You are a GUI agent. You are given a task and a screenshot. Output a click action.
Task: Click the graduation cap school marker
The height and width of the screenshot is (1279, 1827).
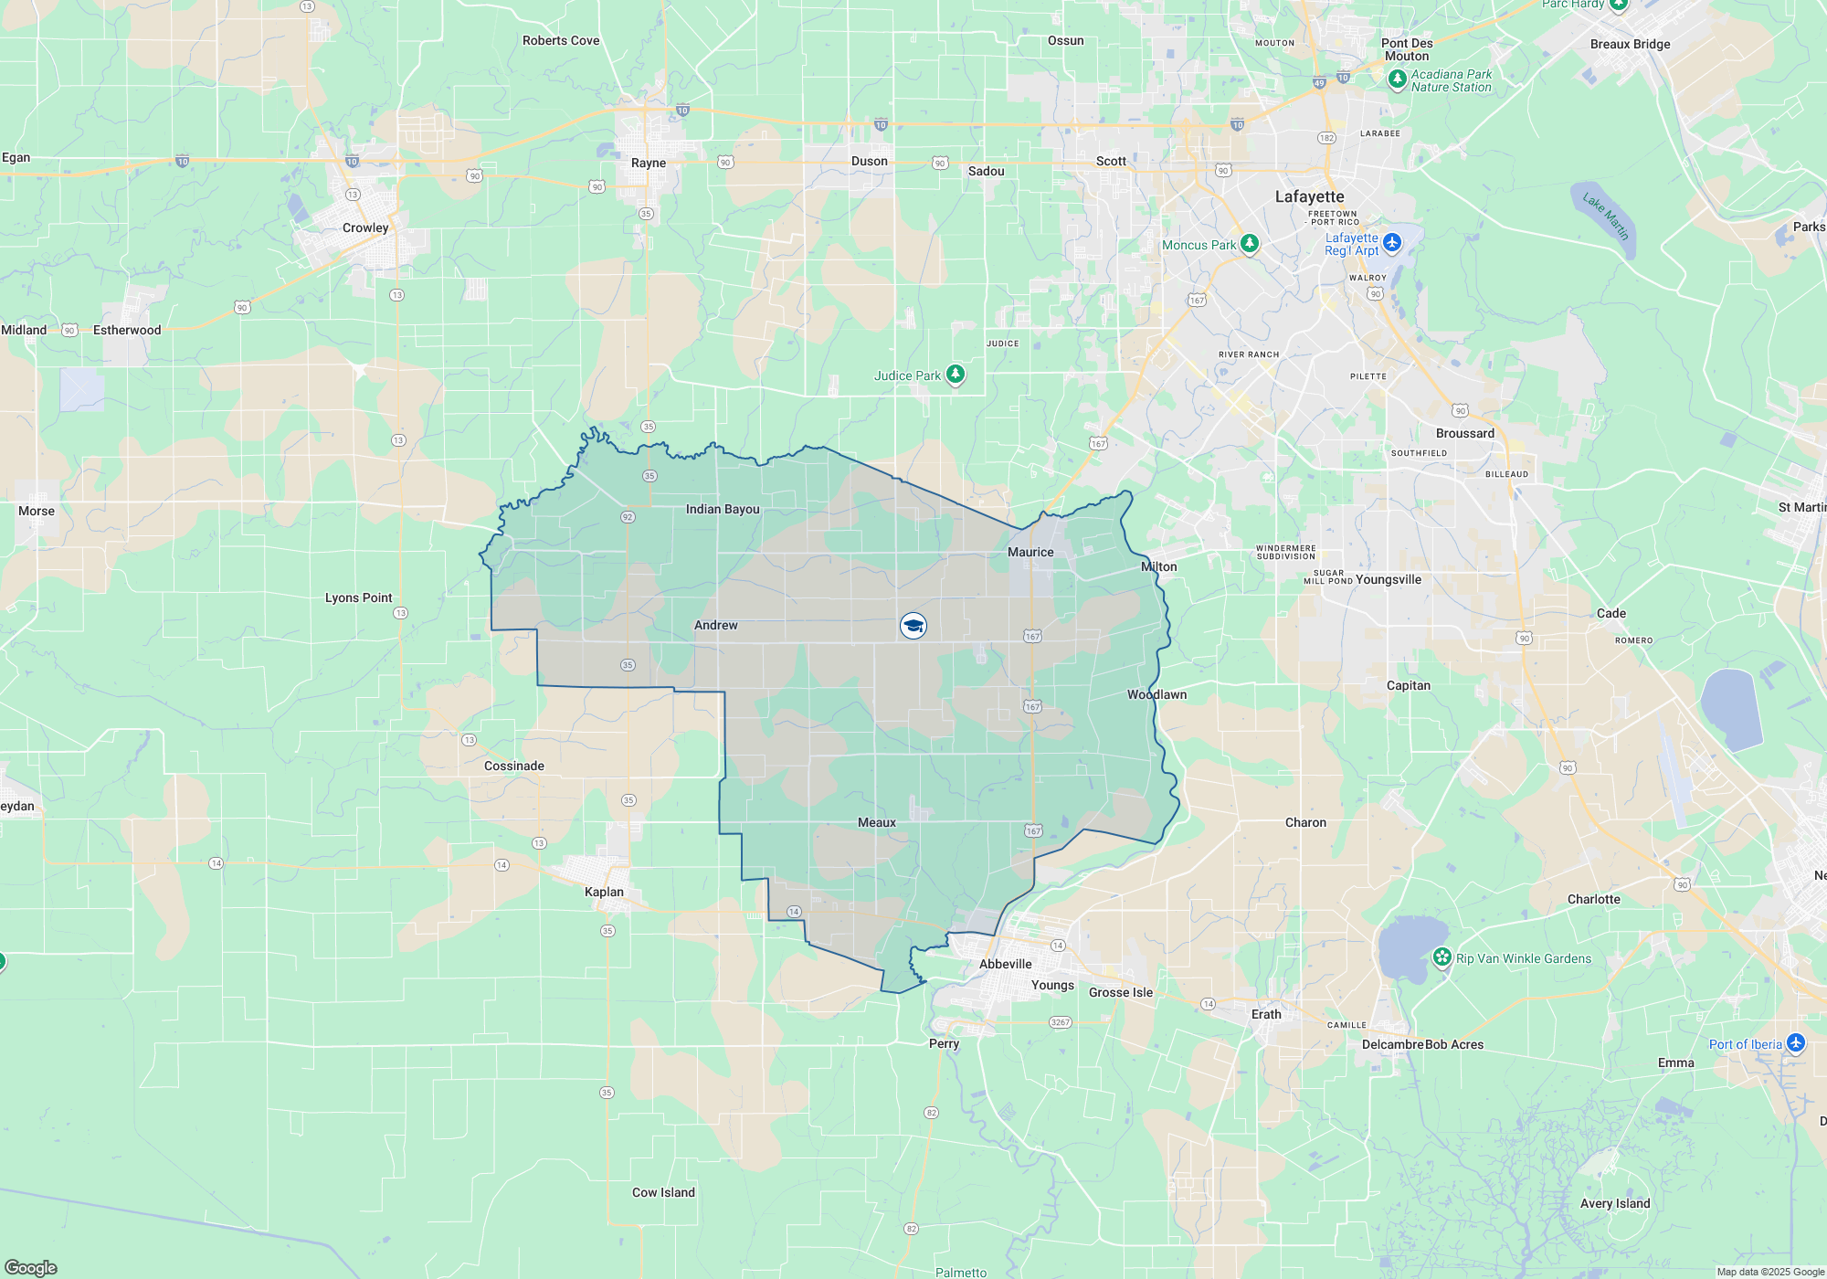(x=913, y=625)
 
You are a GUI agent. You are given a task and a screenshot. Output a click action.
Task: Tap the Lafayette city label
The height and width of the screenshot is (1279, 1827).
(x=1309, y=196)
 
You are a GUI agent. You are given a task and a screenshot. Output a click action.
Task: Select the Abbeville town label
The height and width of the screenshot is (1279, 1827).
(x=1005, y=964)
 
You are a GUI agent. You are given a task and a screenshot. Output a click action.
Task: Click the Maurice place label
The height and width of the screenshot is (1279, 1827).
(x=1030, y=552)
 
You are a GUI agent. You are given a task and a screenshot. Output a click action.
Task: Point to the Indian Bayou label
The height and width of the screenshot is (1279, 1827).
(x=723, y=509)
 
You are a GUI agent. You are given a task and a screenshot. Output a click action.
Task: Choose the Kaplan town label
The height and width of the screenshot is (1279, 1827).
(x=604, y=892)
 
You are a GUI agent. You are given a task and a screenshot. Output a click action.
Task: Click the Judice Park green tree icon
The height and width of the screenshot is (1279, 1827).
(x=956, y=374)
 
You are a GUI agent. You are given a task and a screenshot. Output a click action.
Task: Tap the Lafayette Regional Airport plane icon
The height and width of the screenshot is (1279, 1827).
(x=1391, y=242)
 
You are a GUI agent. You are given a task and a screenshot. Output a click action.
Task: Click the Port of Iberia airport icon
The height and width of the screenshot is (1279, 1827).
(x=1795, y=1042)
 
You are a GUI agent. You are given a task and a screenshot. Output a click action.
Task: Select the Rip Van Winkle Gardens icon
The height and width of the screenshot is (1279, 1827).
(x=1442, y=957)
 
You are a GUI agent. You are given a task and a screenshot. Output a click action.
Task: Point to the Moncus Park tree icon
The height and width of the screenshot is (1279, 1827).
(x=1250, y=244)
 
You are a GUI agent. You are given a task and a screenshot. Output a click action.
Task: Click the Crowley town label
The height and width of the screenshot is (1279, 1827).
(x=365, y=227)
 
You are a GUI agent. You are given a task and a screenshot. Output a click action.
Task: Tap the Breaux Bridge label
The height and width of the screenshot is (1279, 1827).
(x=1630, y=44)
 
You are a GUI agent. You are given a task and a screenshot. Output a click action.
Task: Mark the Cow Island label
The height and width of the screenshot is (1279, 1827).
(x=663, y=1192)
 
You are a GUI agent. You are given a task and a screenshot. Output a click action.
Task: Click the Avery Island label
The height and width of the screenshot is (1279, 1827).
(x=1615, y=1203)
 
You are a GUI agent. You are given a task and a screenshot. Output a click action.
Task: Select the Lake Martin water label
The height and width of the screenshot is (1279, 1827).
(x=1605, y=216)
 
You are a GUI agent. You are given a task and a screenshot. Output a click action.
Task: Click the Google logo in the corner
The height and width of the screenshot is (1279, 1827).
(x=31, y=1267)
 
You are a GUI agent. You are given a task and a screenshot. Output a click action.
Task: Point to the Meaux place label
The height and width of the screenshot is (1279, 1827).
(x=876, y=822)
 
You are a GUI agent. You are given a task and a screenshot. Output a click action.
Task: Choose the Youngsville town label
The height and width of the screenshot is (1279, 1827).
(x=1389, y=579)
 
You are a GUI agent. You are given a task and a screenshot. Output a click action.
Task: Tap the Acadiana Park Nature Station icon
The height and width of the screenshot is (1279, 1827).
(x=1397, y=79)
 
